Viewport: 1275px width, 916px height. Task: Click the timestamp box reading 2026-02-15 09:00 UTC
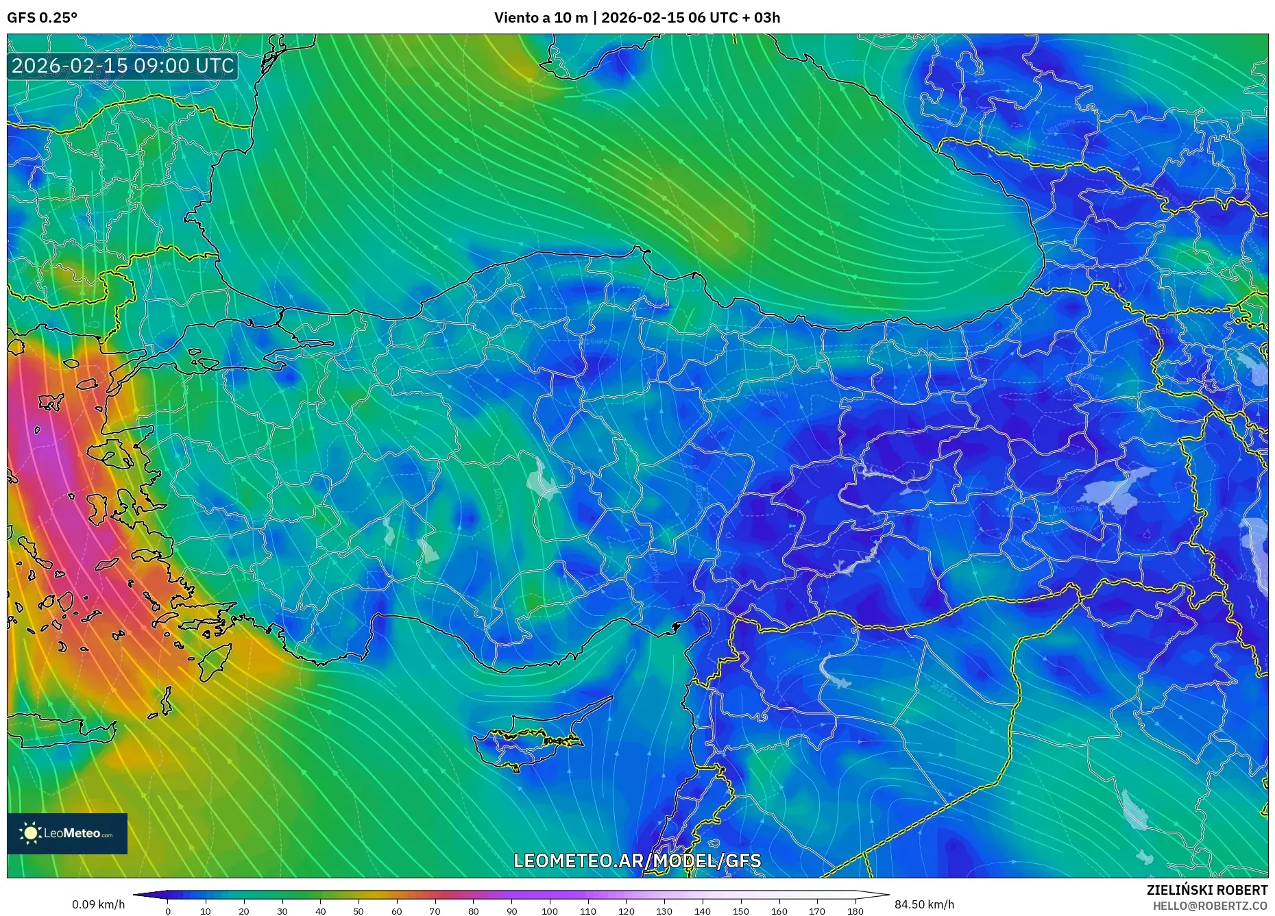point(123,66)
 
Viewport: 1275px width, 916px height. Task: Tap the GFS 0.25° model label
point(42,18)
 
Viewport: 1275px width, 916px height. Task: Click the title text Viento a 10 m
point(541,18)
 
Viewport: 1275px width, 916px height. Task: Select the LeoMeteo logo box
point(67,833)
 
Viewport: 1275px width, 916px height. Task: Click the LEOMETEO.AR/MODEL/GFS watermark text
point(637,861)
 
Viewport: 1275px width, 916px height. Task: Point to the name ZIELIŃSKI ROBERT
point(1206,890)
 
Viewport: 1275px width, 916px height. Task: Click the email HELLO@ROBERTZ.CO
point(1210,906)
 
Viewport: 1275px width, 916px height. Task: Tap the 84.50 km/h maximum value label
point(924,904)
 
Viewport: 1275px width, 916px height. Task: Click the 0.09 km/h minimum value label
point(98,904)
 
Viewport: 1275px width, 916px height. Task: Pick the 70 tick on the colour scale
point(435,911)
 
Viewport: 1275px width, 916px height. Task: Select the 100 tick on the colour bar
point(549,911)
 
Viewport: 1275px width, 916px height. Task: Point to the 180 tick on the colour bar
point(855,911)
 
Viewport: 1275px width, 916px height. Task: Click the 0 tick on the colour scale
point(167,911)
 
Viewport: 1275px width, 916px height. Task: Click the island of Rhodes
point(214,661)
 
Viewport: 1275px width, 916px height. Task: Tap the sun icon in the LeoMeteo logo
point(30,833)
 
